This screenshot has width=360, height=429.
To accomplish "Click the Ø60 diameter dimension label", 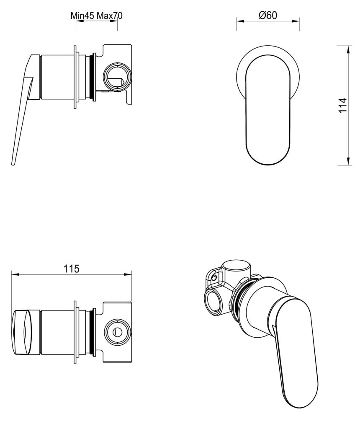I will pyautogui.click(x=268, y=16).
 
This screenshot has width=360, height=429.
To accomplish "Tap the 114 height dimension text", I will pyautogui.click(x=343, y=106).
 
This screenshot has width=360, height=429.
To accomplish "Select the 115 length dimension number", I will pyautogui.click(x=72, y=269).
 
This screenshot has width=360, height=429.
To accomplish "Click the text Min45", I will pyautogui.click(x=83, y=16).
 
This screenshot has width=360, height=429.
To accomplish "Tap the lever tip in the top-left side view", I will pyautogui.click(x=14, y=163).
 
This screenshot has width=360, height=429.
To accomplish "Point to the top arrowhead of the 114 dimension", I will pyautogui.click(x=348, y=49).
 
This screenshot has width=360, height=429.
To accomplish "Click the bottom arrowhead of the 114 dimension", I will pyautogui.click(x=348, y=163).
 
